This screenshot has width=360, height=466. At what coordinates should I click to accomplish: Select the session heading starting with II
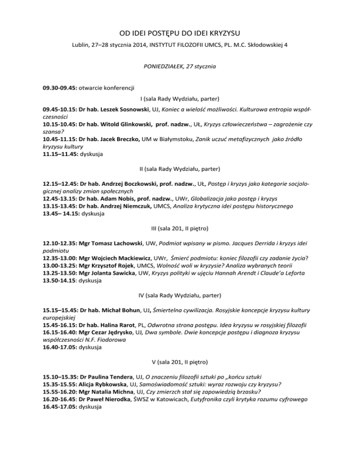tap(180, 168)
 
